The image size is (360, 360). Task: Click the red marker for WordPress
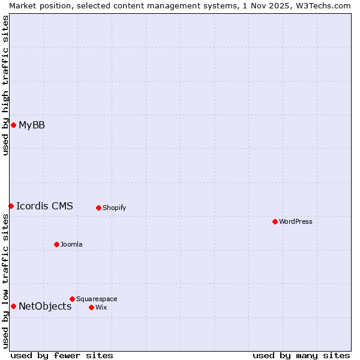point(275,221)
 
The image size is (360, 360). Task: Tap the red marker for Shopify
point(98,208)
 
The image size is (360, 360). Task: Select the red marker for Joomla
point(56,244)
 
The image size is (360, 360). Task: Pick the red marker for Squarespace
point(72,299)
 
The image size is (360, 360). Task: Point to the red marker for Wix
point(91,307)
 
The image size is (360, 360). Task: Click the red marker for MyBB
point(13,125)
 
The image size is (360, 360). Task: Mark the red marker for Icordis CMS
point(11,206)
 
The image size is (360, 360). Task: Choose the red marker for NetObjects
point(13,306)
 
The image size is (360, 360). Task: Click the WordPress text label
point(296,221)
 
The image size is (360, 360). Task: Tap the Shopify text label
point(114,208)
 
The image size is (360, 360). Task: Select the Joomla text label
point(71,244)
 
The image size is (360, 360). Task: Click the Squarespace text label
point(97,299)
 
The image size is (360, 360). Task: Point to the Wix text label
point(101,307)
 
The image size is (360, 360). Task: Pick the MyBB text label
point(32,125)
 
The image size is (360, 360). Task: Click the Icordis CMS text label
point(44,206)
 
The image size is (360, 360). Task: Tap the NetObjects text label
point(45,306)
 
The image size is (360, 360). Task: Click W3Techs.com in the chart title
point(326,5)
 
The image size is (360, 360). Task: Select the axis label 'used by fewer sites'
point(62,355)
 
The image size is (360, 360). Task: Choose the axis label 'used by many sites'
point(301,355)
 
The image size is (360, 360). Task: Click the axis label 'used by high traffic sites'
point(5,85)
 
